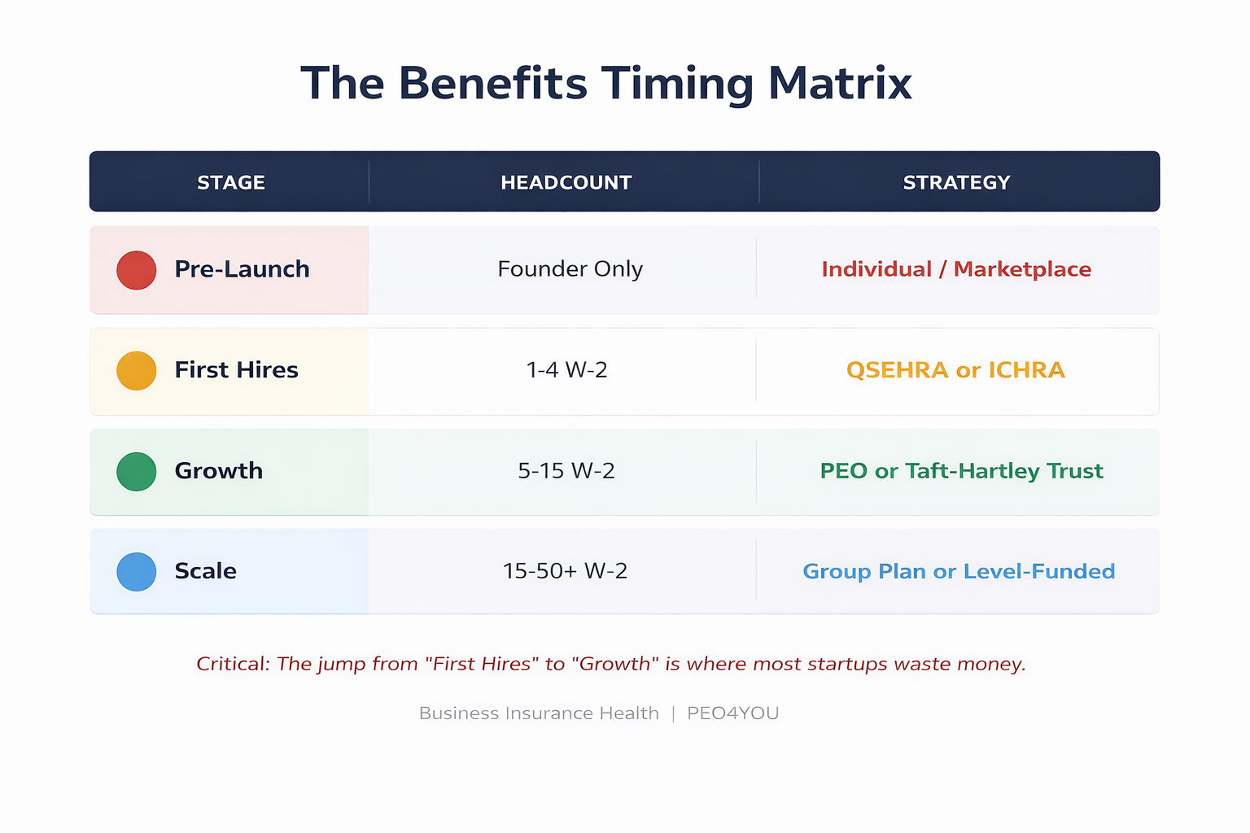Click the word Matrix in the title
click(840, 84)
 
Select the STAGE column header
click(231, 182)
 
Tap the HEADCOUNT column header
click(566, 182)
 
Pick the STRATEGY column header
click(956, 182)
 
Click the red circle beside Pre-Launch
click(137, 270)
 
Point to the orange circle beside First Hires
click(137, 371)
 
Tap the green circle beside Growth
click(137, 472)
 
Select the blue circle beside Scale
click(137, 572)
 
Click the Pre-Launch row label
click(242, 269)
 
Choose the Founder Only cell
click(570, 269)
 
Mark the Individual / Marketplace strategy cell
click(956, 269)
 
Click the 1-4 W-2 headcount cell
click(566, 370)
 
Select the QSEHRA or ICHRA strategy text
click(955, 370)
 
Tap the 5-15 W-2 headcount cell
click(566, 471)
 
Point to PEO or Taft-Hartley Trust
click(961, 471)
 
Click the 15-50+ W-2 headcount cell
click(565, 571)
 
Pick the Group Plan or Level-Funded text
click(959, 571)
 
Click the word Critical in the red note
click(233, 664)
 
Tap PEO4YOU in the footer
click(732, 713)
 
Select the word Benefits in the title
click(492, 84)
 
